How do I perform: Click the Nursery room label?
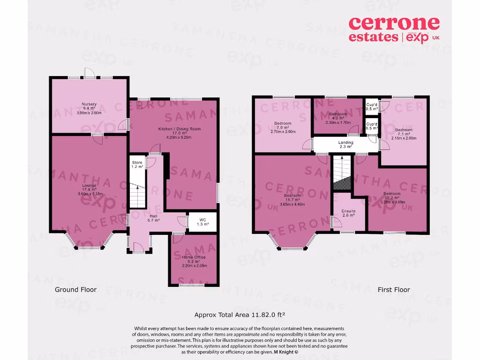89,108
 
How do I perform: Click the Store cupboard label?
136,165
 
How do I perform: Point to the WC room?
202,222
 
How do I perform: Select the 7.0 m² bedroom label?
283,127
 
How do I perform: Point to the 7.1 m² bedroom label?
403,134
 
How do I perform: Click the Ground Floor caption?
76,290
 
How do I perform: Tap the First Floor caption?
394,290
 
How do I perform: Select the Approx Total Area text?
240,315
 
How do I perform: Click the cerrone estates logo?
394,29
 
